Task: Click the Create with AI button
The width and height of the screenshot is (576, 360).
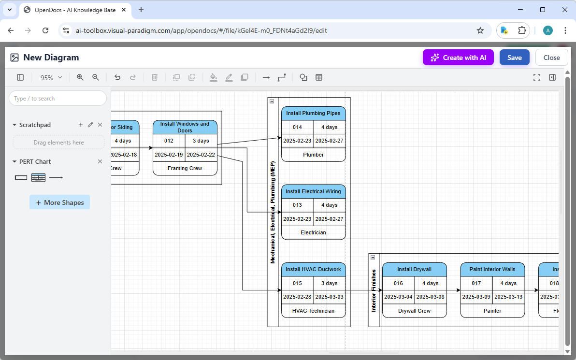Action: click(458, 58)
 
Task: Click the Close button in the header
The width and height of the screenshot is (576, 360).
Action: click(551, 58)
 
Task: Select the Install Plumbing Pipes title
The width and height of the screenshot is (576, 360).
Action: click(313, 114)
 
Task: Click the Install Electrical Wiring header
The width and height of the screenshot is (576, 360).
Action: click(313, 191)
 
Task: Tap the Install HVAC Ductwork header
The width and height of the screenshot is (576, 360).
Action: click(313, 270)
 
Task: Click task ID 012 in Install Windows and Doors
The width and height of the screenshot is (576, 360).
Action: click(169, 141)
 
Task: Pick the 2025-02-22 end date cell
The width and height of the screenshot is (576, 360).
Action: click(201, 155)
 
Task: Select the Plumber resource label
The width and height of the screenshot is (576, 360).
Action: click(313, 155)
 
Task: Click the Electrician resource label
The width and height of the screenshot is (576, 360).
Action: click(313, 233)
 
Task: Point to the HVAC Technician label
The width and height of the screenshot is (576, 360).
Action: click(313, 311)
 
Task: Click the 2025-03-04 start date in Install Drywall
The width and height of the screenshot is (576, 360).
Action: click(398, 297)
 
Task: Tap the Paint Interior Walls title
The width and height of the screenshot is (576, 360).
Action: click(492, 270)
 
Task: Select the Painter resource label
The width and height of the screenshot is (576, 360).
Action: click(492, 311)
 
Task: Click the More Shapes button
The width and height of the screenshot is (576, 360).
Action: click(59, 202)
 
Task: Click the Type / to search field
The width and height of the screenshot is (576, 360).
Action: click(58, 99)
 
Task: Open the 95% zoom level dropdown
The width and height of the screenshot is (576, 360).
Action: click(51, 78)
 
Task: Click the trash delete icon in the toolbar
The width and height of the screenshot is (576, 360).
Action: click(155, 77)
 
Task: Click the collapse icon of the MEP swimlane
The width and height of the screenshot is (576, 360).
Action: click(272, 101)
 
